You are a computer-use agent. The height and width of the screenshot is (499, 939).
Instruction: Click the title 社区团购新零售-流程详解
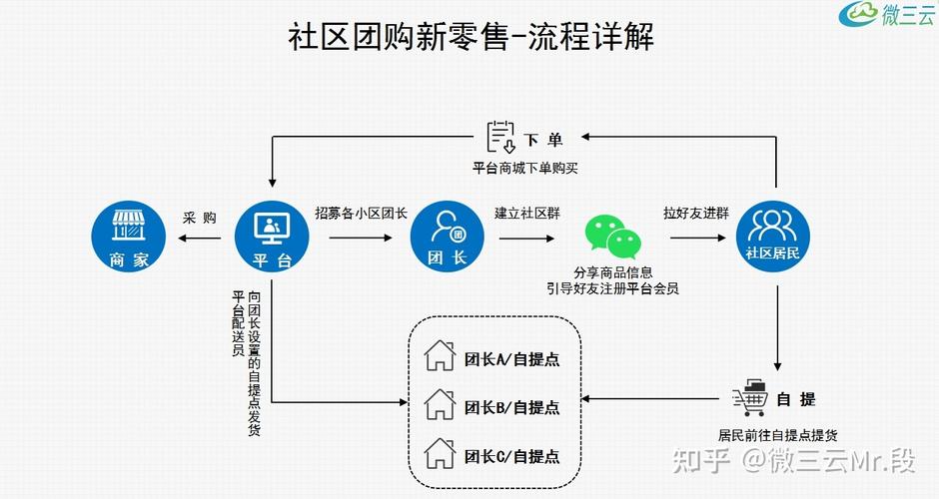(470, 39)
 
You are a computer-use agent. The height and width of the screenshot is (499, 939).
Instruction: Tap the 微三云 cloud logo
(858, 15)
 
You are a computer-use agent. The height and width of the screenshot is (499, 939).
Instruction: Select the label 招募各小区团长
(361, 214)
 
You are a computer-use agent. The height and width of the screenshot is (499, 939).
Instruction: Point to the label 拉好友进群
(695, 214)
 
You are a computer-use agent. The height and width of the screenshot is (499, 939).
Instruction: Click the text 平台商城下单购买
(525, 168)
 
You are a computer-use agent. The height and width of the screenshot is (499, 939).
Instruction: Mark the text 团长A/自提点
(511, 359)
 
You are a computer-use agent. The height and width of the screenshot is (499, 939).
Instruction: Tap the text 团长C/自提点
(511, 456)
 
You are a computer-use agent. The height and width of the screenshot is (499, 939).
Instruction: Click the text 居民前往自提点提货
(777, 435)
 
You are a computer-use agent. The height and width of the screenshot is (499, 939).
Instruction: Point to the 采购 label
(199, 218)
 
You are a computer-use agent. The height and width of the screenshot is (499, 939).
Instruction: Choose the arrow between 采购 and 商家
(198, 239)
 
